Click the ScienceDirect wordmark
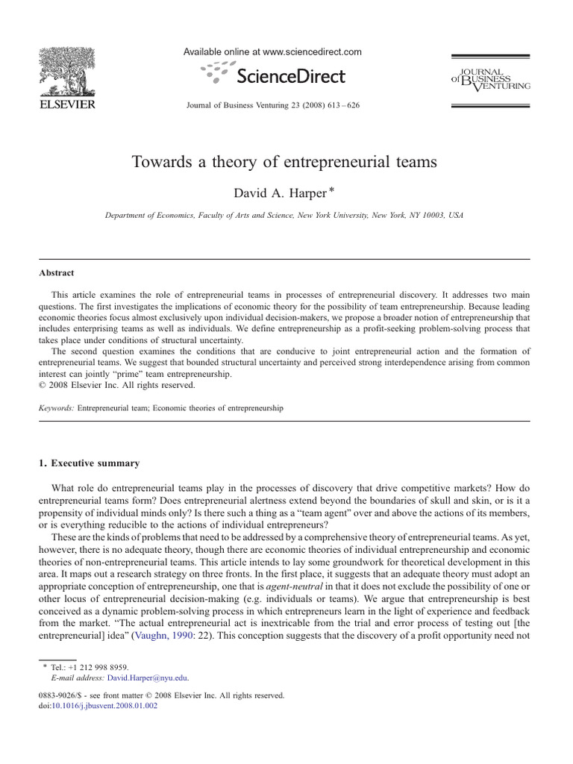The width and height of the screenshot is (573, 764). pos(291,76)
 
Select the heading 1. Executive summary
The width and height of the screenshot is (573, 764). pos(90,463)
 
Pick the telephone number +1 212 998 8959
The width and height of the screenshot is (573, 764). pos(101,667)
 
